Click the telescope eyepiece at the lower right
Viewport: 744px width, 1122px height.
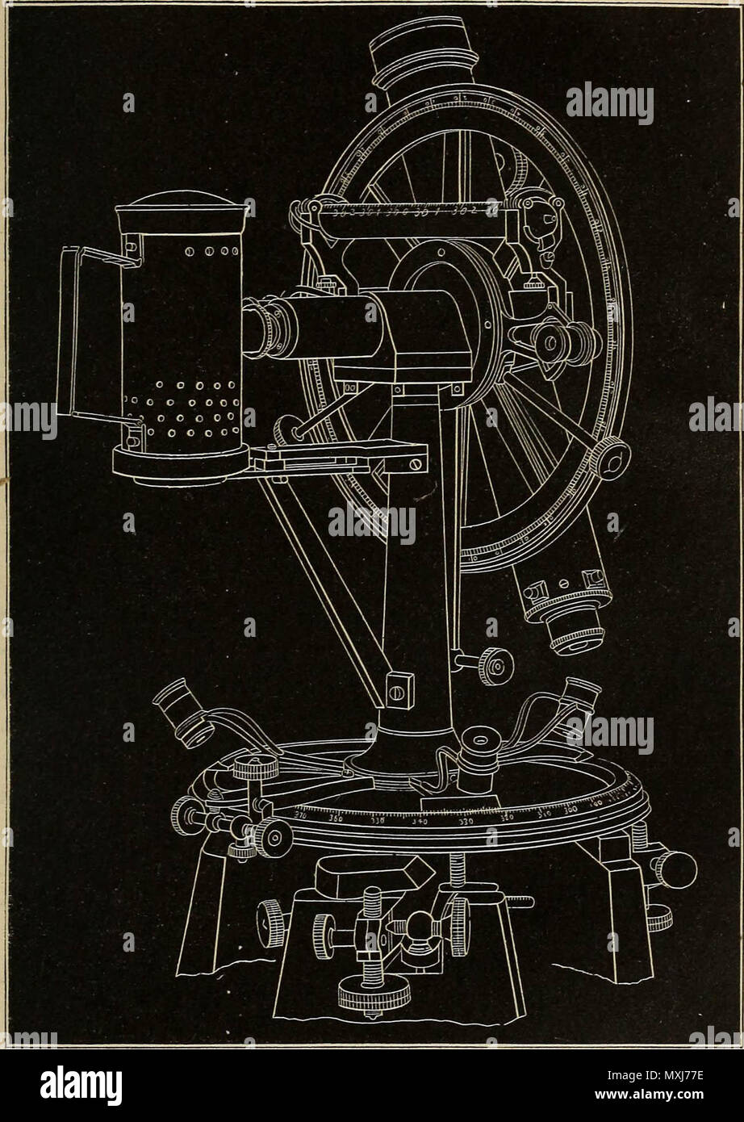(574, 630)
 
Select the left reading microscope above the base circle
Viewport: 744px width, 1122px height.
(183, 711)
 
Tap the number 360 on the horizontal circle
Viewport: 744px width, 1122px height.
(336, 818)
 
